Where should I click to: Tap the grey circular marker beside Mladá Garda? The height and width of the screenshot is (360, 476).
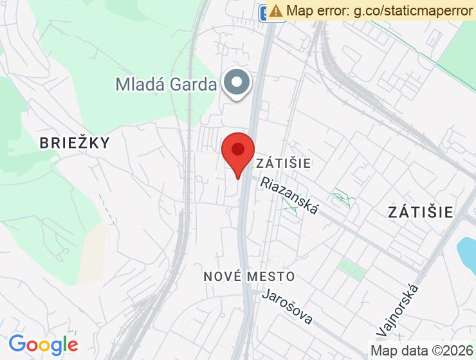(x=237, y=82)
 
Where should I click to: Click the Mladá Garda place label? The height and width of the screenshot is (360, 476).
(x=166, y=84)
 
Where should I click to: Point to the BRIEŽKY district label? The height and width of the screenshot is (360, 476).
(x=75, y=143)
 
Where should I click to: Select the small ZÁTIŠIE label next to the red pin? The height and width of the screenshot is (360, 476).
(x=284, y=163)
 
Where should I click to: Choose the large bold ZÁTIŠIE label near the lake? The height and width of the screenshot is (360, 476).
(x=421, y=212)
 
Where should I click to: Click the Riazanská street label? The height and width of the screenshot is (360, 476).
(x=290, y=196)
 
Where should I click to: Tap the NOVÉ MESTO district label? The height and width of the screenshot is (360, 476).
(x=250, y=276)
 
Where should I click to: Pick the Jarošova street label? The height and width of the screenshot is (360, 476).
(x=288, y=307)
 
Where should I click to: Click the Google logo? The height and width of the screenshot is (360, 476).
(x=43, y=345)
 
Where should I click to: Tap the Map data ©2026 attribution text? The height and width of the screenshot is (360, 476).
(x=421, y=350)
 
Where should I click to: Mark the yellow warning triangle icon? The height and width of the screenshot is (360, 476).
(x=276, y=11)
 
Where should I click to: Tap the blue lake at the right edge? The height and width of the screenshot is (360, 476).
(x=466, y=253)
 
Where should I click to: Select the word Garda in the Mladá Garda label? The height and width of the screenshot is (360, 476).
(x=195, y=84)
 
